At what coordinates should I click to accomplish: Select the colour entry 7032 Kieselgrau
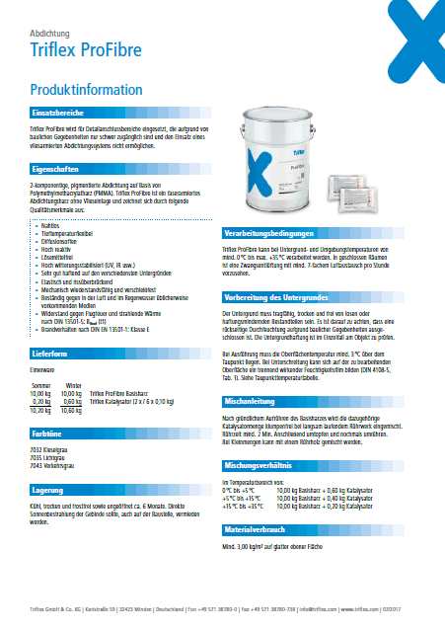50,447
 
